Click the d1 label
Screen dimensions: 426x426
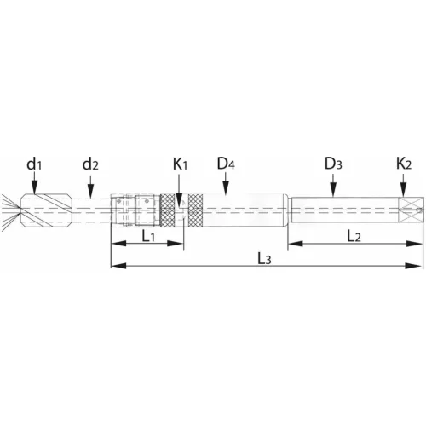point(34,164)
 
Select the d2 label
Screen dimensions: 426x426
point(90,164)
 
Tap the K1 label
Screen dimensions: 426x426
point(181,164)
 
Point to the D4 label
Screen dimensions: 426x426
point(226,164)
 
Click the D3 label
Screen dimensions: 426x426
point(333,164)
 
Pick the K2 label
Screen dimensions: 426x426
point(404,164)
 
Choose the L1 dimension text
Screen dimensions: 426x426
point(148,236)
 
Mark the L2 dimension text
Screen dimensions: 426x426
point(354,236)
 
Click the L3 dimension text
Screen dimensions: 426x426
point(264,259)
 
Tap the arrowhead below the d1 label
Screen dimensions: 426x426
point(34,188)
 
